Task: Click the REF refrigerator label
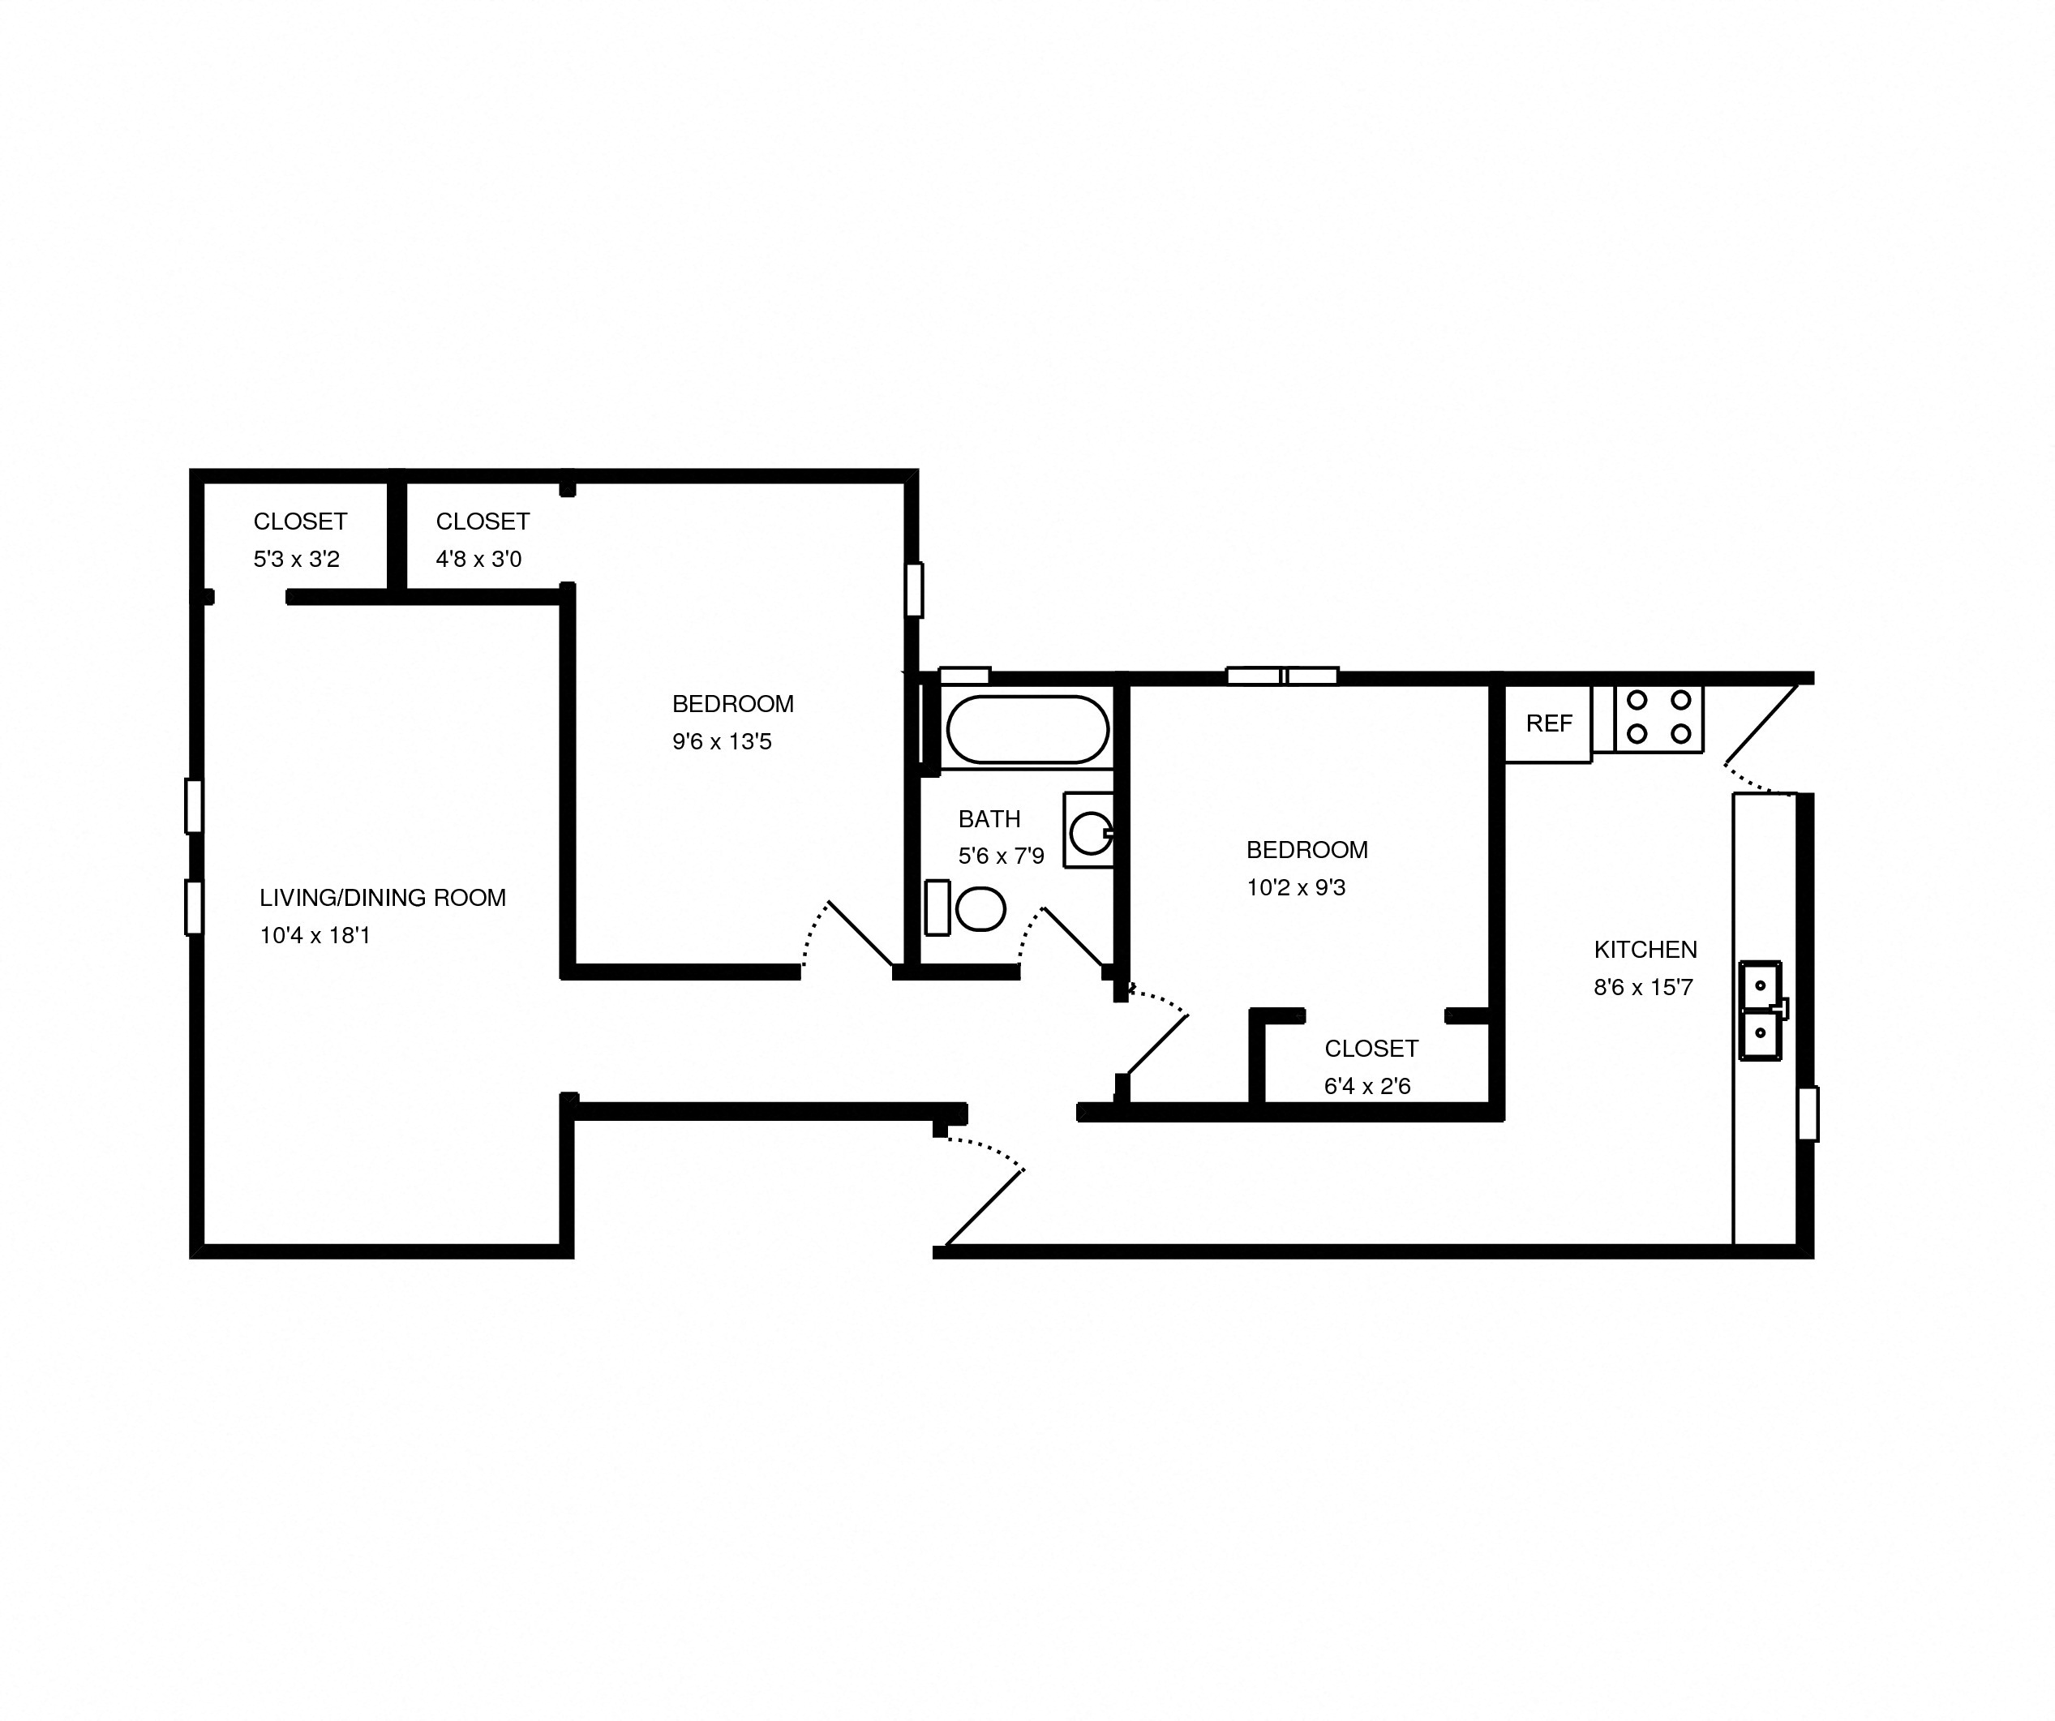[1548, 723]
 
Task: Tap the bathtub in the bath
[1027, 729]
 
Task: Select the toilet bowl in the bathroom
[980, 909]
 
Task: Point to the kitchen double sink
[1760, 1011]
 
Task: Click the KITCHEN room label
[1645, 949]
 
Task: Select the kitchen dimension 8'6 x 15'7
[1643, 987]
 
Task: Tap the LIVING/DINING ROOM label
[383, 897]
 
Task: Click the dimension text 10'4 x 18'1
[314, 935]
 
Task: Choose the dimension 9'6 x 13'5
[721, 741]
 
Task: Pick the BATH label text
[989, 819]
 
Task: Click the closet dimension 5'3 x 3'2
[295, 559]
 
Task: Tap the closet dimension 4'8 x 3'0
[478, 559]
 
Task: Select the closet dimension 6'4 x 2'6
[1367, 1086]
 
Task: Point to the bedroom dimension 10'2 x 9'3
[1296, 887]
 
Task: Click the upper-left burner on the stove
[1637, 701]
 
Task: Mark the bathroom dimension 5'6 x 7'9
[1001, 856]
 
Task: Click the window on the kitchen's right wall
[1808, 1114]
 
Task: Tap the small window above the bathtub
[964, 675]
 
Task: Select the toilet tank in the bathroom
[937, 908]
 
